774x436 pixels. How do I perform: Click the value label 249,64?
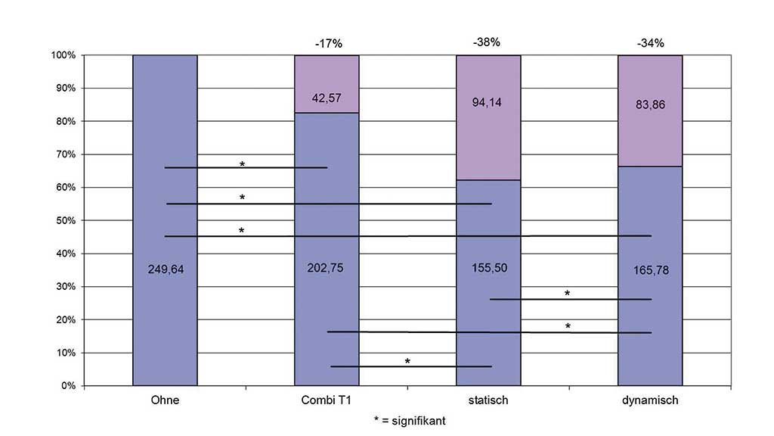pos(165,266)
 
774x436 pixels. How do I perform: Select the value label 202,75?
pos(326,266)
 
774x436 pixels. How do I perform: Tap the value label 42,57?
pos(326,98)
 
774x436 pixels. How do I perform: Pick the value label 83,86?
pos(650,104)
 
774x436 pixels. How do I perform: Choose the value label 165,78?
pos(650,268)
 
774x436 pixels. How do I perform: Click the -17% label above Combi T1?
pos(329,43)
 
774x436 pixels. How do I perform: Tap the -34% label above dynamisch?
pos(650,43)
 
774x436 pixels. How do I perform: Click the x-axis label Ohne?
pos(165,400)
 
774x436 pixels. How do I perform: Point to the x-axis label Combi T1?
pos(326,400)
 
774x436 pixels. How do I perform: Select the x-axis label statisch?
pos(488,400)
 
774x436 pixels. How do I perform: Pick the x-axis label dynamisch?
pos(650,400)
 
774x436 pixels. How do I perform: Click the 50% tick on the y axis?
pos(64,220)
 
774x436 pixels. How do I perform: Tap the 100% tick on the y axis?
pos(63,55)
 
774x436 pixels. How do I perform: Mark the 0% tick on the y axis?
pos(67,386)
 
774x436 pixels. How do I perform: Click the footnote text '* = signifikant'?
pos(409,420)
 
